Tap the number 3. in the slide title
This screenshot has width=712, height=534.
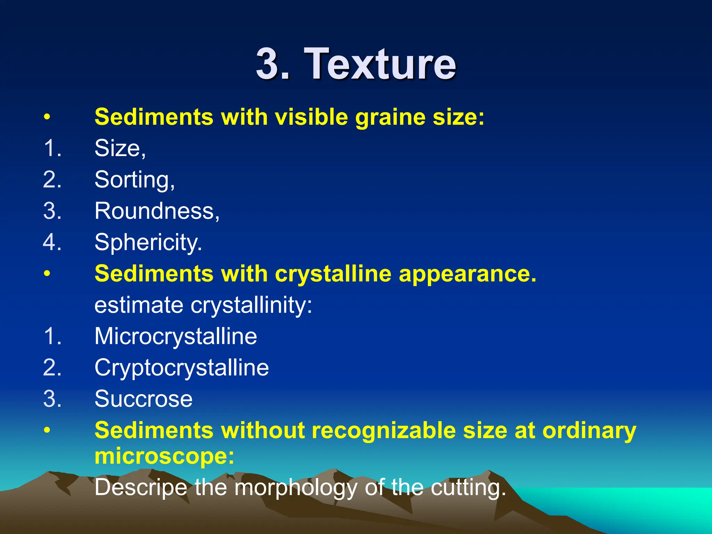click(x=273, y=64)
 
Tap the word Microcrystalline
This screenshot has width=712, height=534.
click(x=176, y=336)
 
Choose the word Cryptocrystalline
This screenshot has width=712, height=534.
click(x=181, y=368)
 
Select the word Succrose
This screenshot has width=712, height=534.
click(x=143, y=399)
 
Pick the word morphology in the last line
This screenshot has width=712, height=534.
click(x=296, y=487)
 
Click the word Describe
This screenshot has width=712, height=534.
click(x=141, y=487)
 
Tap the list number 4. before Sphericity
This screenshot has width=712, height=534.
click(x=52, y=242)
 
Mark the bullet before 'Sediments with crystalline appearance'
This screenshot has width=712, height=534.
click(x=47, y=274)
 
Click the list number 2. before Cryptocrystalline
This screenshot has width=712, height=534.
click(x=52, y=368)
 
